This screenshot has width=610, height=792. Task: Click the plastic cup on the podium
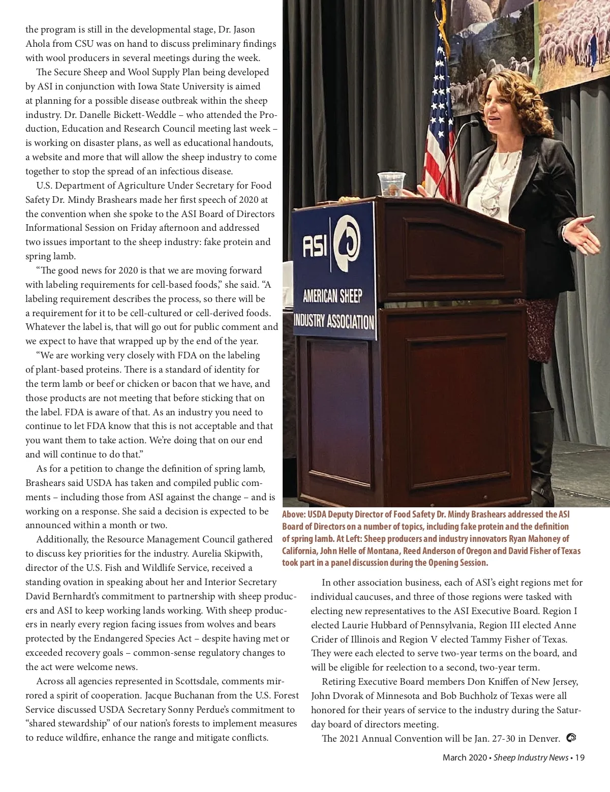tap(391, 184)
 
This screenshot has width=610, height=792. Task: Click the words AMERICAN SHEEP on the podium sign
tap(332, 296)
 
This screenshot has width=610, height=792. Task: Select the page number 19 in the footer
tap(579, 757)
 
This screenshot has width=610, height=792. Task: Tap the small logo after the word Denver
tap(571, 738)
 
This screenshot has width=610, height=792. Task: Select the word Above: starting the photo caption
tap(294, 514)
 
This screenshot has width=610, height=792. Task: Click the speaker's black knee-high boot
tap(542, 458)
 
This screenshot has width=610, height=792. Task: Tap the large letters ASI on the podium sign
tap(315, 246)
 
